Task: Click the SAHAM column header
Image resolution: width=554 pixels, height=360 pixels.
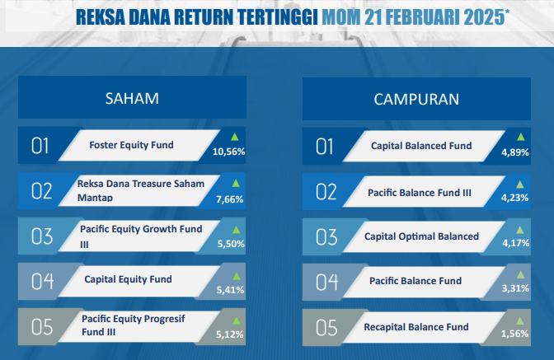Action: (132, 99)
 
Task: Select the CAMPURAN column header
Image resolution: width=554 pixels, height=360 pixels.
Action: (416, 100)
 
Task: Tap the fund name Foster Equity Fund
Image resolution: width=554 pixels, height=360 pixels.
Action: (131, 145)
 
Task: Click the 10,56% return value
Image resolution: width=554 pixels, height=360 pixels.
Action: (228, 152)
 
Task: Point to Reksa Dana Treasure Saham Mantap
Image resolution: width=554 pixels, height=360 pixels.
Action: (141, 190)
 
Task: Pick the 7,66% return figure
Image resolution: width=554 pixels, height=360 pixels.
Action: (230, 199)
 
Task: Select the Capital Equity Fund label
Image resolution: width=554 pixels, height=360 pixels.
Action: (129, 279)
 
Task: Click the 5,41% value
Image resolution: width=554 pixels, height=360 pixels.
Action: (230, 290)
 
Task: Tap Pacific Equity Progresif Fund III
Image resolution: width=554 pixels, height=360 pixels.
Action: (134, 325)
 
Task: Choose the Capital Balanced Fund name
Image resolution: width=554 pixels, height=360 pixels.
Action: (421, 146)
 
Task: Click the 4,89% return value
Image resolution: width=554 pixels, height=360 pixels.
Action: (515, 152)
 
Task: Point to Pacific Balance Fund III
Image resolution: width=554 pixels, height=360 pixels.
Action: (420, 193)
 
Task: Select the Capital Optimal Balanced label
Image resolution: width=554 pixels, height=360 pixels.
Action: (421, 236)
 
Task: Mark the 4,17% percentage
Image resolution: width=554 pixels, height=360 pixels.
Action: (516, 243)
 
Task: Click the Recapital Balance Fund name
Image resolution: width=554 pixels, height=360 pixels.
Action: (416, 327)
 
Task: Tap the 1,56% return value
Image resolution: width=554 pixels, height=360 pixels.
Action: (514, 334)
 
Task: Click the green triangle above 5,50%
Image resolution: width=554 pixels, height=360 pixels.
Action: (236, 230)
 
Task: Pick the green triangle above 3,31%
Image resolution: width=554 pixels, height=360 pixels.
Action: (520, 274)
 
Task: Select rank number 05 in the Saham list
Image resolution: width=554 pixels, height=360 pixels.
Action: (42, 327)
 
